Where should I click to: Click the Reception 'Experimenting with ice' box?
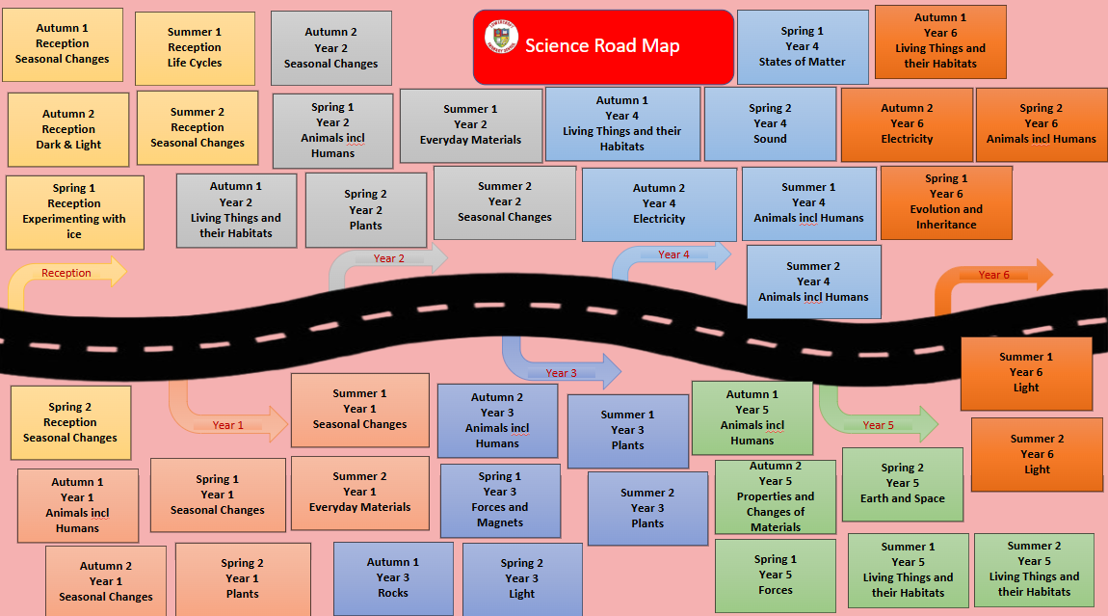74,212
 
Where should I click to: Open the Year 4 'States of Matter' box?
802,46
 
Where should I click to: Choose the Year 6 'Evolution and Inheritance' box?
946,201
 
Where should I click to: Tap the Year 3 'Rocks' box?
392,577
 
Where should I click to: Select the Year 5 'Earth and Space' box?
903,483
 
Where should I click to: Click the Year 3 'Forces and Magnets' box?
500,499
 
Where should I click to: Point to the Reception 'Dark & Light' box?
68,129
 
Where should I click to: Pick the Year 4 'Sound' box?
770,123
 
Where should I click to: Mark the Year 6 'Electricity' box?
907,123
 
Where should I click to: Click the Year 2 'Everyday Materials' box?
470,124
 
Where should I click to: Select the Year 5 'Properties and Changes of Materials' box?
776,496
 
